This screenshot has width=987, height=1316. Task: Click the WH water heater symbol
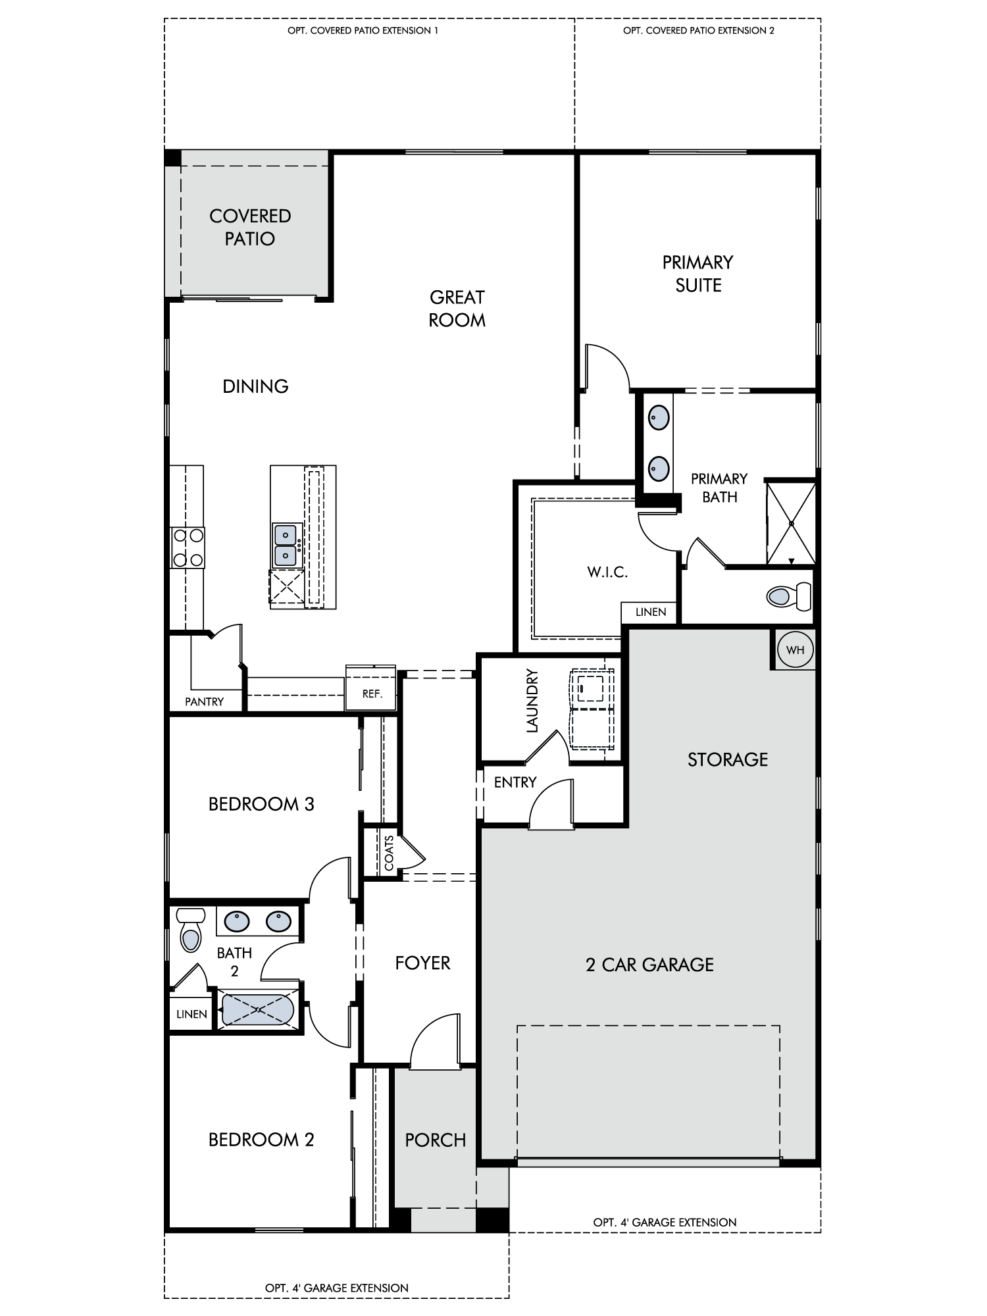coord(795,650)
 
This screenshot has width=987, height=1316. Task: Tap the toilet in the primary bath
coord(789,596)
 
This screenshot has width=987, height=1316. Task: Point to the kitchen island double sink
coord(286,545)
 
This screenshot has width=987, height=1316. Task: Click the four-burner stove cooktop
coord(187,547)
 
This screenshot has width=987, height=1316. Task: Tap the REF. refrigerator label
coord(372,694)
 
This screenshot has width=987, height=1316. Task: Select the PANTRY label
coord(204,701)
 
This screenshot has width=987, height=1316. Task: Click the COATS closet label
coord(389,853)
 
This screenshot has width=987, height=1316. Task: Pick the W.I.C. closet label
coord(607,572)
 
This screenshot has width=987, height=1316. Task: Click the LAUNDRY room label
coord(532,701)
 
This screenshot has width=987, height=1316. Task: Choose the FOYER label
coord(422,963)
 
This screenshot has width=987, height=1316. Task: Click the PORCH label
coord(436,1140)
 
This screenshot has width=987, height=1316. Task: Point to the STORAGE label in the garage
coord(728,760)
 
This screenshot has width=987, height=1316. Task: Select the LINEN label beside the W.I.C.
coord(651,612)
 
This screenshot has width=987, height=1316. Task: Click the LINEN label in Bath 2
coord(191,1014)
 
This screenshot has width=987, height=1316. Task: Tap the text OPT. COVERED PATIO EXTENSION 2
coord(699,30)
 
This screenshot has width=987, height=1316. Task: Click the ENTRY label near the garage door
coord(515,782)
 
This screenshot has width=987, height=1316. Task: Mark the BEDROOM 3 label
coord(261,804)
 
